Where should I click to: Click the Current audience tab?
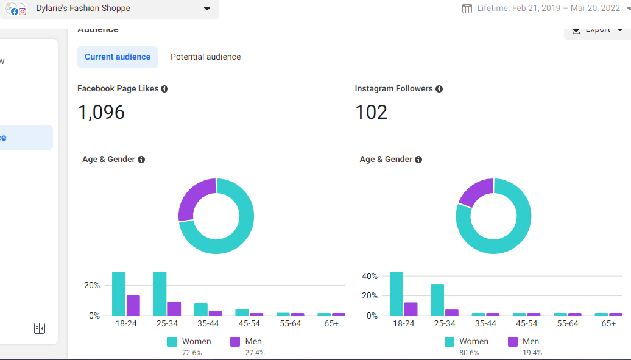(x=117, y=57)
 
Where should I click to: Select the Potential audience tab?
(x=205, y=57)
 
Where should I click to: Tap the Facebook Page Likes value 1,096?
(x=101, y=112)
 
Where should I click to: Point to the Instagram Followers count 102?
(x=371, y=112)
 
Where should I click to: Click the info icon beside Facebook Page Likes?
(x=164, y=89)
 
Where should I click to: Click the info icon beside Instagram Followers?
(x=439, y=89)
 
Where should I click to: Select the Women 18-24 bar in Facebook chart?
(x=119, y=294)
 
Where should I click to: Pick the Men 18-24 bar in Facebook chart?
(x=133, y=305)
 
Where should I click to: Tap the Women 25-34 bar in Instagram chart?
(x=437, y=300)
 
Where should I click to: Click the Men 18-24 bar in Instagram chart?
(x=411, y=309)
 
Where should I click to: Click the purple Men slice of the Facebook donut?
(x=194, y=198)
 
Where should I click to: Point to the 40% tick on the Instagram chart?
(x=370, y=276)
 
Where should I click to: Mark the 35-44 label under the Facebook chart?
(x=208, y=324)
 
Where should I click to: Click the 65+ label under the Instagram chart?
(x=608, y=324)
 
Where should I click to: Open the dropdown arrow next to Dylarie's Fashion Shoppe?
(x=207, y=9)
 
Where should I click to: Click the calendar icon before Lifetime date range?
(x=467, y=9)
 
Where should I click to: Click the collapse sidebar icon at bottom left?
(x=40, y=328)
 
